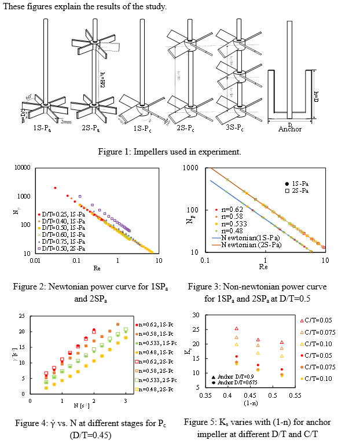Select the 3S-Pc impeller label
(230, 129)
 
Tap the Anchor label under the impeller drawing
(290, 129)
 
